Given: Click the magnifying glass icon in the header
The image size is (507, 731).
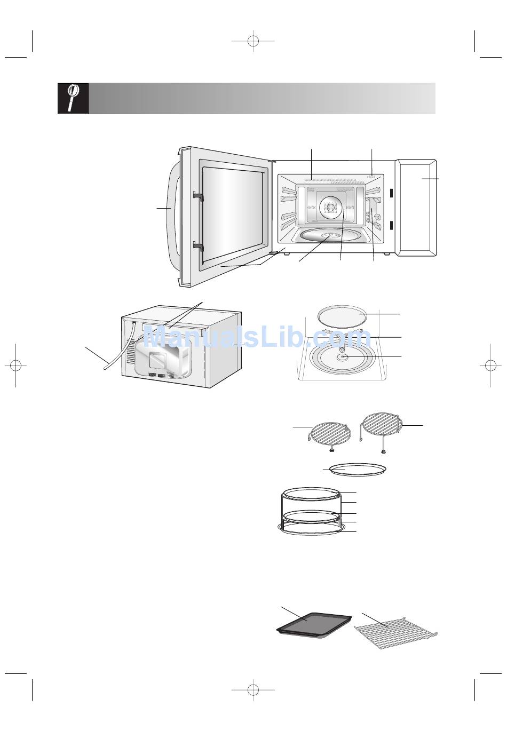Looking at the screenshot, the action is click(73, 98).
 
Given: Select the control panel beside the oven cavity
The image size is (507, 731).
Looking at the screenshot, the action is click(416, 208).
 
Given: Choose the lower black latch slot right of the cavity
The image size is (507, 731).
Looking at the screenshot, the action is click(391, 225).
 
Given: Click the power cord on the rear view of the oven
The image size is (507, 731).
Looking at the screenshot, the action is click(120, 346).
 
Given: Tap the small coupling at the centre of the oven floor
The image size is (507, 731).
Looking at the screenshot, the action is click(342, 356).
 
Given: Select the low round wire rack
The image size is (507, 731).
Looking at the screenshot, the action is click(330, 436).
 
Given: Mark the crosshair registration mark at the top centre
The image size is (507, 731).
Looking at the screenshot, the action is click(253, 41).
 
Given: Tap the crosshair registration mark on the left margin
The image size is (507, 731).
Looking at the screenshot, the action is click(15, 365).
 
